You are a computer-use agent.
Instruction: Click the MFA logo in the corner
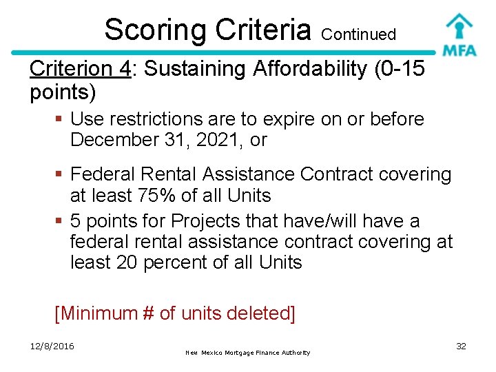(x=459, y=34)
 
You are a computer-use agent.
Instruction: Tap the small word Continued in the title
(x=358, y=34)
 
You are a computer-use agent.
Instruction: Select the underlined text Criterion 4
(x=81, y=69)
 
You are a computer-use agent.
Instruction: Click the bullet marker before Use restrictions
(x=60, y=119)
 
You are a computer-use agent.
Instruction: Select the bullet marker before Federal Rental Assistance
(x=60, y=175)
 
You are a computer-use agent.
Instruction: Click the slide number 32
(x=461, y=346)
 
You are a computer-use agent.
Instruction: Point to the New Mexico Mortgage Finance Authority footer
(x=248, y=353)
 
